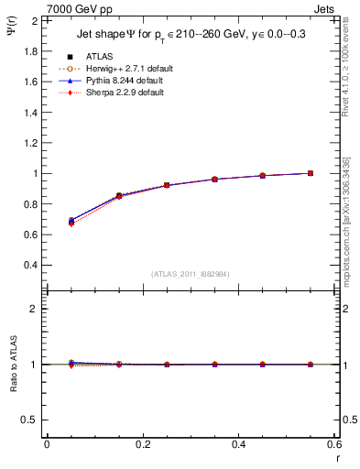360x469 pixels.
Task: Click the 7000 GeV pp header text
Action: tap(81, 9)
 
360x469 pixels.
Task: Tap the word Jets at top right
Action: tap(324, 9)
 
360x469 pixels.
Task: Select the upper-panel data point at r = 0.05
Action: tap(71, 221)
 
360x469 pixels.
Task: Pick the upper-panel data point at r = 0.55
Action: tap(311, 173)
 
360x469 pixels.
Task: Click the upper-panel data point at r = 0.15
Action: tap(119, 196)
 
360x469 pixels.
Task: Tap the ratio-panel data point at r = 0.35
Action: tap(214, 365)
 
